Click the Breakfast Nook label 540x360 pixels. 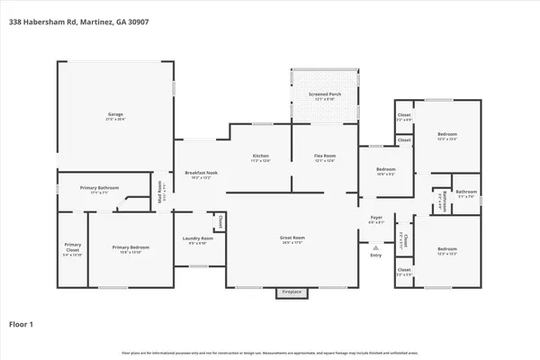pos(201,174)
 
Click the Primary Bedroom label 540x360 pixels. pos(130,249)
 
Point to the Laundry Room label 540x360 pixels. pos(196,240)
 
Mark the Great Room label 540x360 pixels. pos(293,239)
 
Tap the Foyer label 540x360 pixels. pos(376,219)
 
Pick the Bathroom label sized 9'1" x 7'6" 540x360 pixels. pos(465,193)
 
